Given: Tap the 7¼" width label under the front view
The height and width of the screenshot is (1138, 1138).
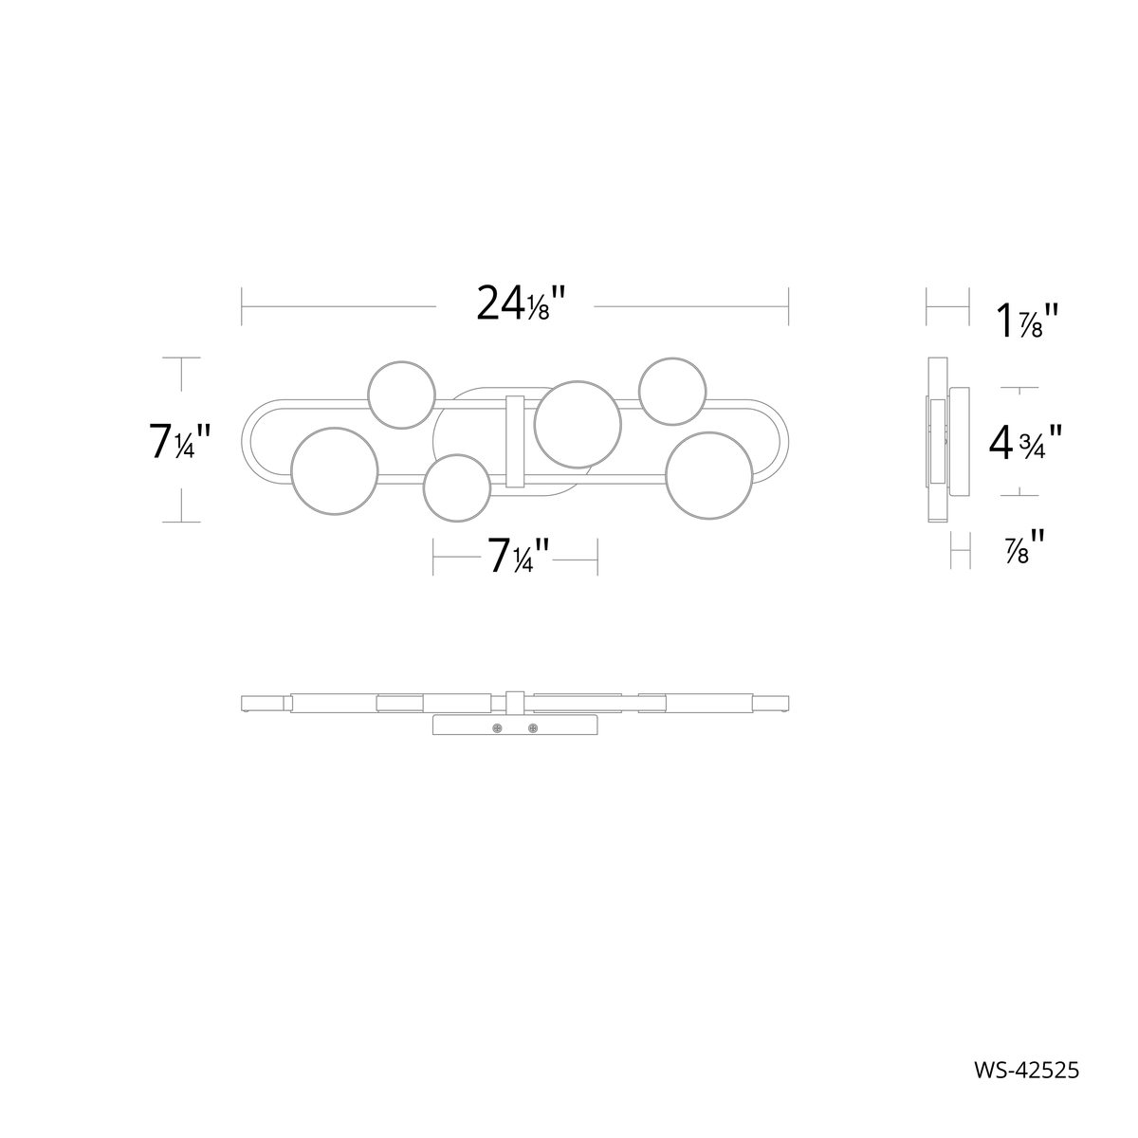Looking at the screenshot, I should pyautogui.click(x=515, y=556).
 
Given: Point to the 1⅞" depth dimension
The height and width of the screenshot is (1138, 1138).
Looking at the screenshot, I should pyautogui.click(x=1023, y=321).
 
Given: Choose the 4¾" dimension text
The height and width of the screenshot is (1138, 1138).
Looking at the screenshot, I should pyautogui.click(x=1023, y=442).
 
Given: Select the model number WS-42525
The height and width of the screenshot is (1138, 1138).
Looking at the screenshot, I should pyautogui.click(x=1025, y=1069).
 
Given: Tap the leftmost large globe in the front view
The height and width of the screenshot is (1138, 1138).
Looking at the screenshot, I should pyautogui.click(x=336, y=471).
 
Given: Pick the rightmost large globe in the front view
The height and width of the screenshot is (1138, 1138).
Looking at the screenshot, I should pyautogui.click(x=709, y=476).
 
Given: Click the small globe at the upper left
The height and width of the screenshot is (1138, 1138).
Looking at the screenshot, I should pyautogui.click(x=402, y=394).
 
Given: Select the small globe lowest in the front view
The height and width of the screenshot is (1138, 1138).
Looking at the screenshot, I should pyautogui.click(x=457, y=487).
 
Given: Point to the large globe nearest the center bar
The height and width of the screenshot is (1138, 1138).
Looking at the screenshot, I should pyautogui.click(x=578, y=424).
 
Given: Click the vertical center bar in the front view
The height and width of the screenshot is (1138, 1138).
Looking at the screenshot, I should pyautogui.click(x=516, y=441).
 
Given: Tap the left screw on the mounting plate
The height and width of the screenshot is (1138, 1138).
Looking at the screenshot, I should pyautogui.click(x=497, y=728).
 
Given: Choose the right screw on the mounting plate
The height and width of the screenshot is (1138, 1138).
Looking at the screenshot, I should pyautogui.click(x=532, y=728).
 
